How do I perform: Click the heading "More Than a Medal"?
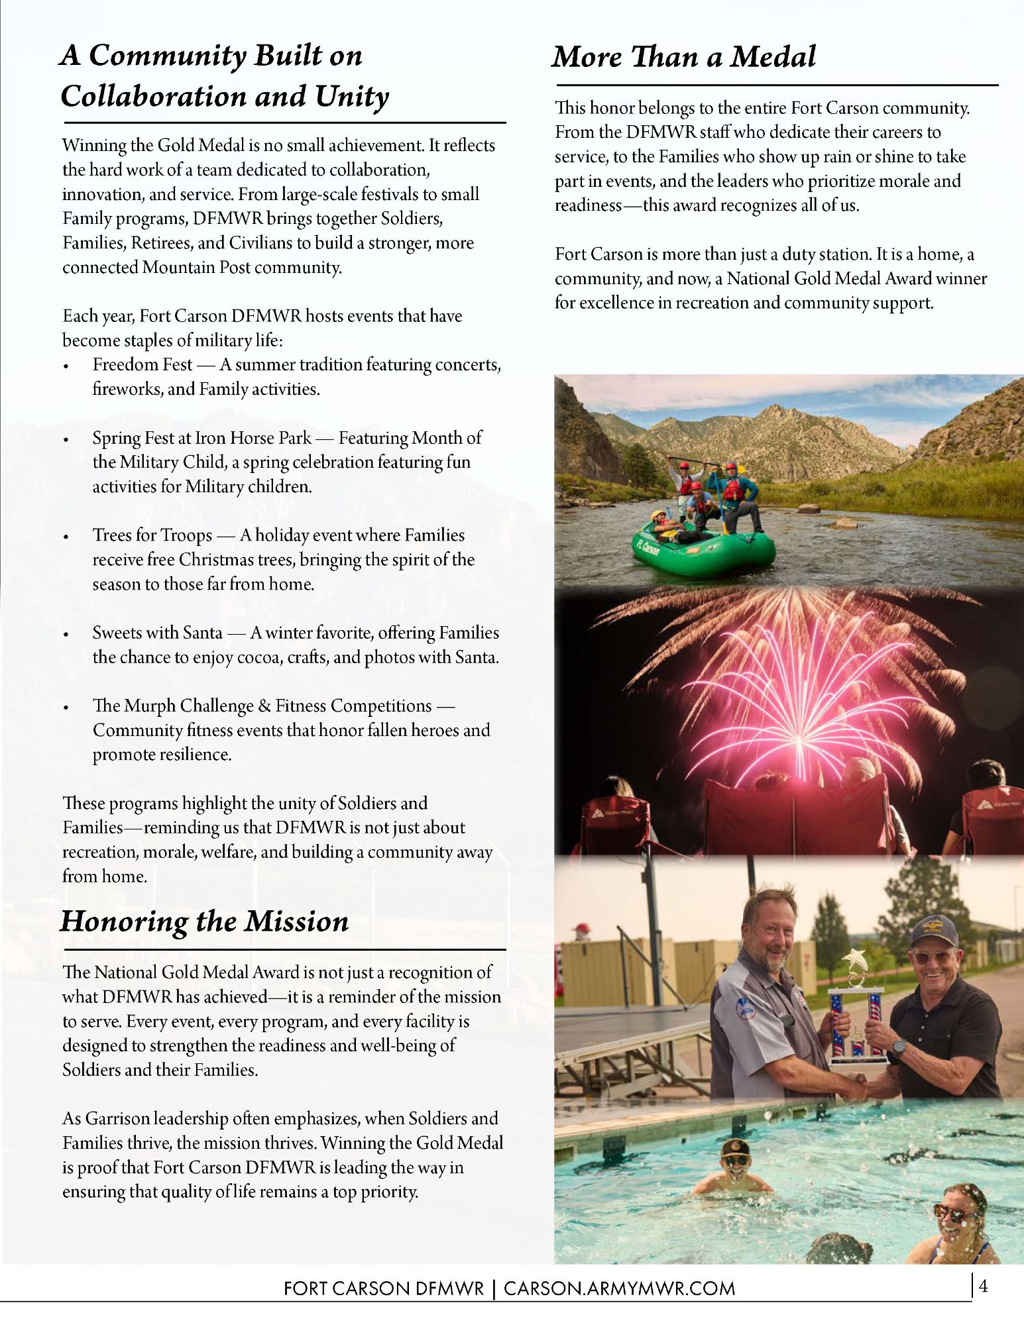click(683, 57)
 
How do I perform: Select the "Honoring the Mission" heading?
click(204, 922)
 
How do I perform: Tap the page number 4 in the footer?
click(983, 1287)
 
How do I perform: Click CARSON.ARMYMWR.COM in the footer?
click(619, 1289)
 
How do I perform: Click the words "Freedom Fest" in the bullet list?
click(142, 364)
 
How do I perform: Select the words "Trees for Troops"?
click(152, 535)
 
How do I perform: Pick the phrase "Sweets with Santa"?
click(157, 633)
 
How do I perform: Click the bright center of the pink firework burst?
click(797, 737)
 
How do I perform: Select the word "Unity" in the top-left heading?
click(351, 97)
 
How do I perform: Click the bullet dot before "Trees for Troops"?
click(66, 537)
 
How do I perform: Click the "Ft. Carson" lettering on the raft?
click(648, 547)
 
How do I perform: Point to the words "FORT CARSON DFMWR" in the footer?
click(384, 1289)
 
